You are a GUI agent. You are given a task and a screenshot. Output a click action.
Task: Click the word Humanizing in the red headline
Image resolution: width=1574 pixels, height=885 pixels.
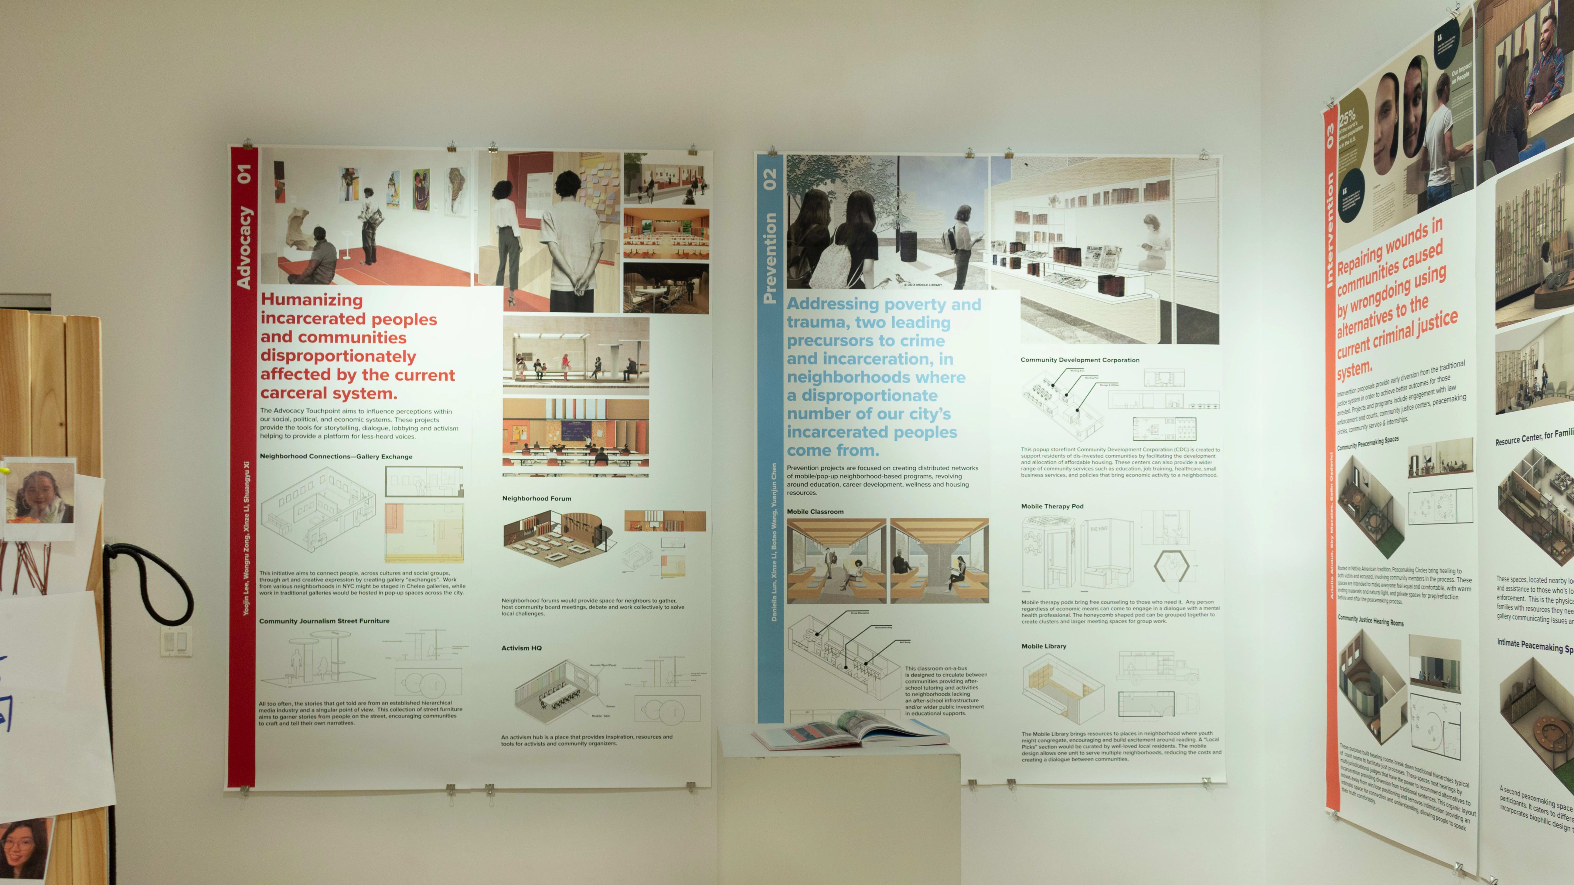312,300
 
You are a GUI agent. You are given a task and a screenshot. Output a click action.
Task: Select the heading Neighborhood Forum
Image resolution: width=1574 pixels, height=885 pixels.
537,498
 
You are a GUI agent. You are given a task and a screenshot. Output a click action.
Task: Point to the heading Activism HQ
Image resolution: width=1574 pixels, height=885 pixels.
521,648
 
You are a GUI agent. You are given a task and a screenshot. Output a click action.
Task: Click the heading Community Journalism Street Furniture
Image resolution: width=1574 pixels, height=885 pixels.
324,621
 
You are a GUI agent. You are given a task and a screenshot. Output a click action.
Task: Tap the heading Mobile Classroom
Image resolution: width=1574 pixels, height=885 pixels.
815,512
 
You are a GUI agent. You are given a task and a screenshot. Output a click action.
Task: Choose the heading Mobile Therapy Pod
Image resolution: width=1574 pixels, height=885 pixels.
1051,506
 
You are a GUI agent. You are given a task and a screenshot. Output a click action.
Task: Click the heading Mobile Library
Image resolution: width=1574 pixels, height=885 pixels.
1044,646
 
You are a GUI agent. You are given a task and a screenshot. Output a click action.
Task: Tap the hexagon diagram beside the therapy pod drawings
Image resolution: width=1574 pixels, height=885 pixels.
1171,566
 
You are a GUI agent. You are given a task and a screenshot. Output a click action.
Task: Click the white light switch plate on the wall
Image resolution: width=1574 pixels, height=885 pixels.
176,641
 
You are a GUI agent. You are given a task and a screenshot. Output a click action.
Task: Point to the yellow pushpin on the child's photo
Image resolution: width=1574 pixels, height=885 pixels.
5,471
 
